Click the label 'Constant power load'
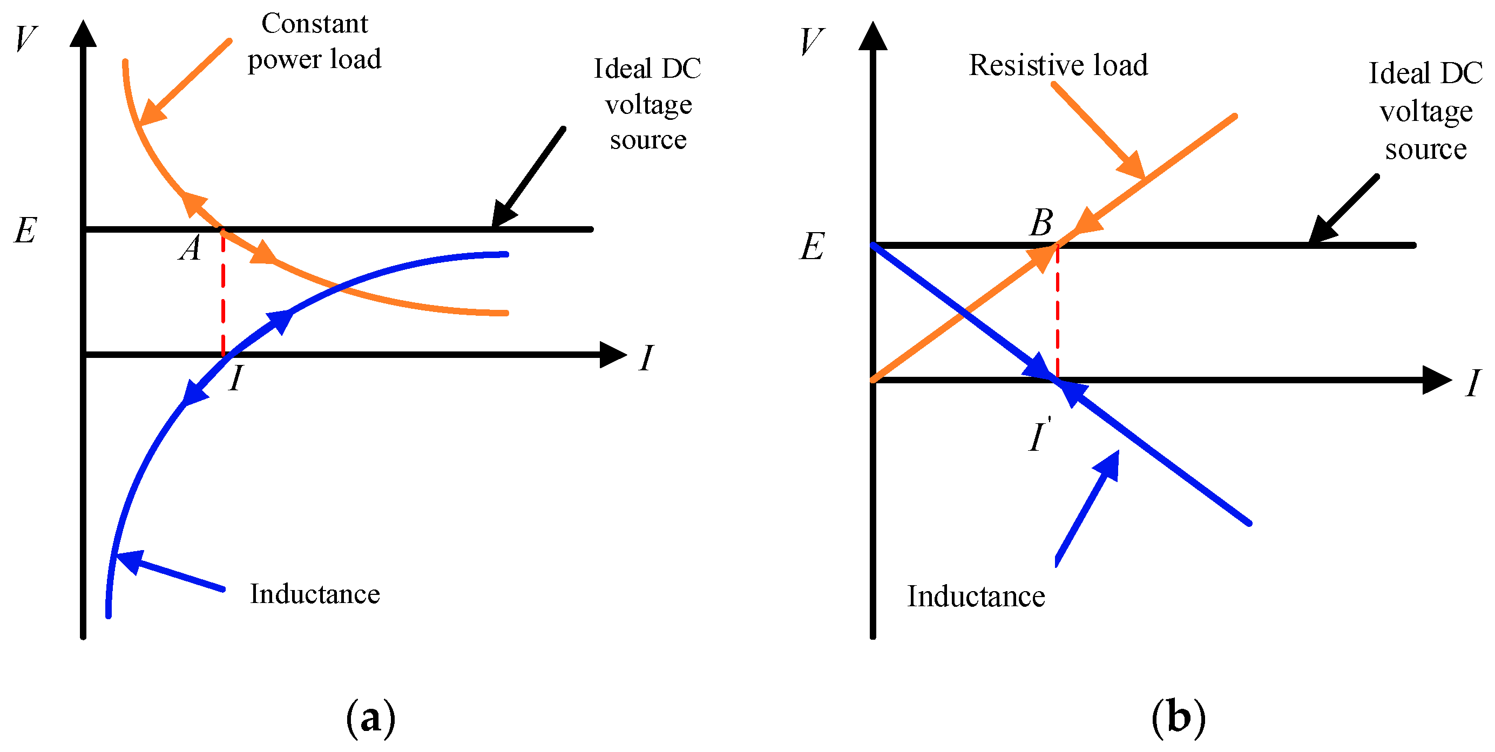314,42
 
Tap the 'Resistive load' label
1058,65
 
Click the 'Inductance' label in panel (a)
315,594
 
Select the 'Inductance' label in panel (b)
976,597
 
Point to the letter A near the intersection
190,249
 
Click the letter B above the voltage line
1041,223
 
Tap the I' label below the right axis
1039,436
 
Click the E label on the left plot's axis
25,231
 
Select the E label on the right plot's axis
811,247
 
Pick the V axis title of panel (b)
811,42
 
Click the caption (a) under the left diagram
370,719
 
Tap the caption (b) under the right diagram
1178,719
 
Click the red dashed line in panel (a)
223,296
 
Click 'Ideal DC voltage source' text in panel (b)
1425,110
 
